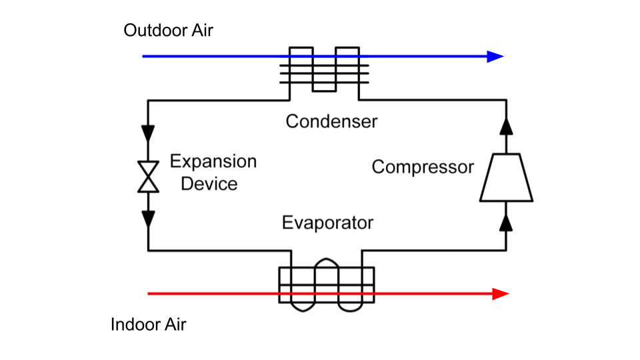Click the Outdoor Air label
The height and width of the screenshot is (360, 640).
pos(168,31)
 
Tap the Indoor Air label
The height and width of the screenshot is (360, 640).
pos(148,325)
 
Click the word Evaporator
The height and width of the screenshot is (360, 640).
pos(327,222)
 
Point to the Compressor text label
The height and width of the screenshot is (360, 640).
pos(422,167)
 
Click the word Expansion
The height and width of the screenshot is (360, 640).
pos(213,161)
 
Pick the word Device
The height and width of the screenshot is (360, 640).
pos(209,183)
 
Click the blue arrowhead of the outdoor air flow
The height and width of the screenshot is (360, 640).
pos(495,57)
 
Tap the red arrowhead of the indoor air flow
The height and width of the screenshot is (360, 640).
pos(500,293)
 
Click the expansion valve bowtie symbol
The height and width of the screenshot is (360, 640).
pos(148,177)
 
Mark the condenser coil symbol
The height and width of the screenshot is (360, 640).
pos(324,71)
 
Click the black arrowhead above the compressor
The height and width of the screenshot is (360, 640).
pos(506,127)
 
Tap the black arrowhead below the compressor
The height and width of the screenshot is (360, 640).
pos(506,223)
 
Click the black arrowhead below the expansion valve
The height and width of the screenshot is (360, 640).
pos(148,219)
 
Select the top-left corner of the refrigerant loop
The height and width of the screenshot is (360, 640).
pos(148,101)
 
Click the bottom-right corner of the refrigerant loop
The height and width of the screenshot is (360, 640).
pos(506,251)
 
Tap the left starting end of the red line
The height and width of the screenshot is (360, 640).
pos(149,293)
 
